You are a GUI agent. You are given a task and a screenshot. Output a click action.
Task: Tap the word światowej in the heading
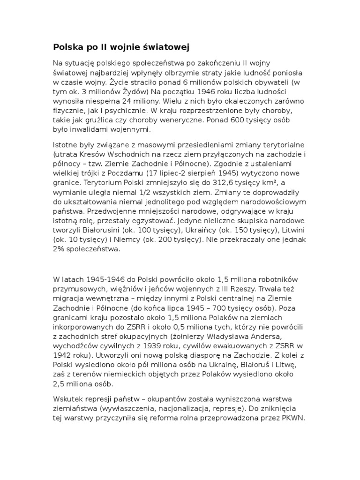[x=166, y=47]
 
